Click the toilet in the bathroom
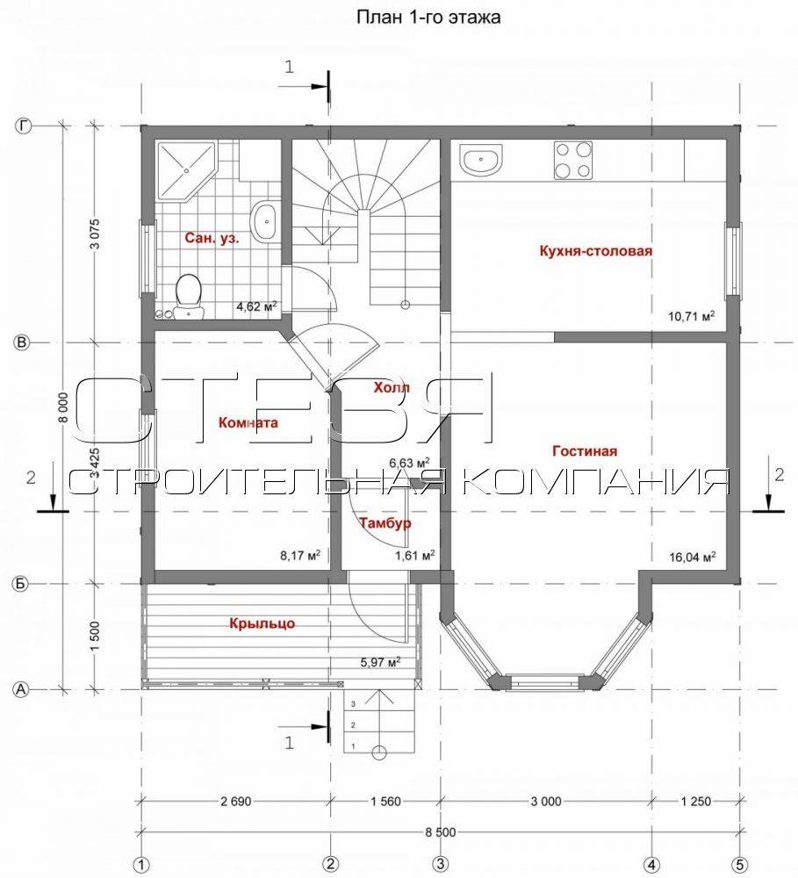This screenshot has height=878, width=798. coord(189,296)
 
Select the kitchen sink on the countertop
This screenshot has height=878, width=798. coord(481,159)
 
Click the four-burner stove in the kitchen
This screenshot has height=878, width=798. coord(573,160)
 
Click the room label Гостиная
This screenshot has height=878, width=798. coord(585,450)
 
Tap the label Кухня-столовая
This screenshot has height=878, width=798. coord(596,250)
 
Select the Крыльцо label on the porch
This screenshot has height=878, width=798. coord(262,623)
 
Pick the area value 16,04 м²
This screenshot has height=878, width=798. coord(692,557)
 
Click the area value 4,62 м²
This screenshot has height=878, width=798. coord(256,306)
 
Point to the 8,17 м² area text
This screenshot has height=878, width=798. coord(300,556)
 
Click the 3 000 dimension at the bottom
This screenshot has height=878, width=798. coord(546,802)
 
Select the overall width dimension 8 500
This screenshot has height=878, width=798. coord(440,832)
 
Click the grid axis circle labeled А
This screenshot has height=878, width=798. coord(21,689)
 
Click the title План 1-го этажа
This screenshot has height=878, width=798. coord(428,18)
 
